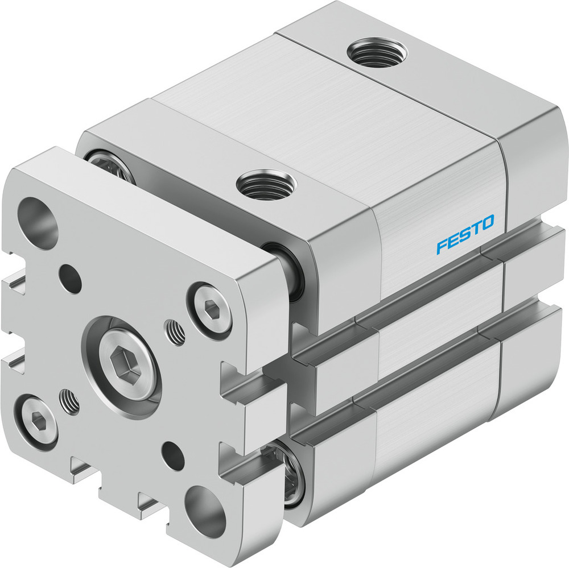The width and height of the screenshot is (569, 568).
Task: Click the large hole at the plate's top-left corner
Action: [x=38, y=223]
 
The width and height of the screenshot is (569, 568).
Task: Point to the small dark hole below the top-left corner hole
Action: [x=71, y=279]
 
